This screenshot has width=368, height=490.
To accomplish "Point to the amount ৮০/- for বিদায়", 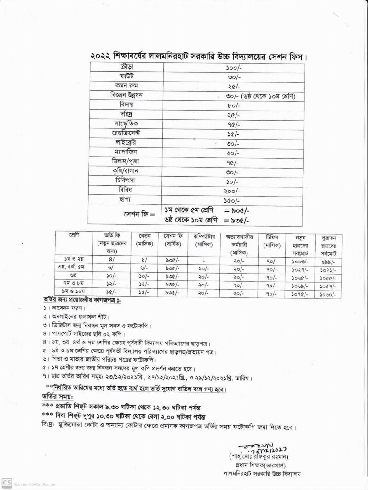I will tap(233, 105).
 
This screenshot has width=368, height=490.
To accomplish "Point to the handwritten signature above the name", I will tap(258, 448).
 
